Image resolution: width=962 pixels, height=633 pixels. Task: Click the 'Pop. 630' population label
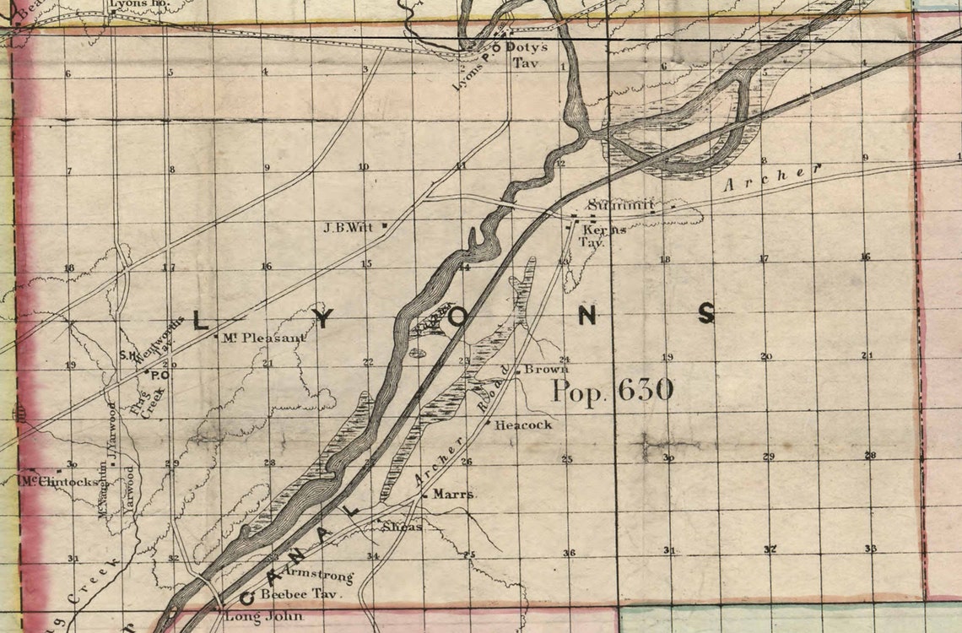point(613,390)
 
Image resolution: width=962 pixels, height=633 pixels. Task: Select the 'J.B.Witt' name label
point(349,227)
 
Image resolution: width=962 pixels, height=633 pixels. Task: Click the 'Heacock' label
point(523,425)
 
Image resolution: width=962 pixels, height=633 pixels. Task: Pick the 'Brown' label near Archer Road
point(546,369)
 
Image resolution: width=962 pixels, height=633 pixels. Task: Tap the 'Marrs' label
point(453,494)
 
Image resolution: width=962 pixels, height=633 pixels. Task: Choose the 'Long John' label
point(252,617)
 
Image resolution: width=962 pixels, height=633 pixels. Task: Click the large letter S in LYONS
point(705,314)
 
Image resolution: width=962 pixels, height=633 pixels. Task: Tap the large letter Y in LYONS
point(327,318)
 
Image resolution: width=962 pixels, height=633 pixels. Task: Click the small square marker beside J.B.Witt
point(385,225)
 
